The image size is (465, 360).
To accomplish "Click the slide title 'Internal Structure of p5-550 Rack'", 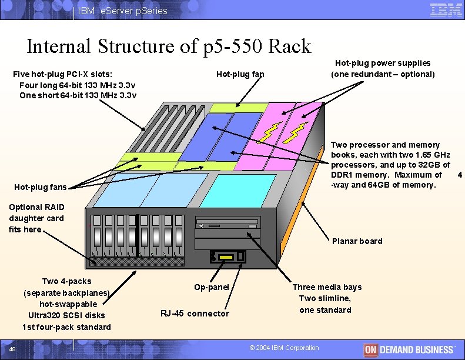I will [x=169, y=46].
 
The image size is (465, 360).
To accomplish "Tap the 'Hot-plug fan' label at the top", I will [x=240, y=74].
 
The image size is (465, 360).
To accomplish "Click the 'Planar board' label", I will [x=357, y=241].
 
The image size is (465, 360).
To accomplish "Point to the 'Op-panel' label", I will [x=211, y=287].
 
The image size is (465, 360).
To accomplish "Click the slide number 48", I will [x=19, y=350].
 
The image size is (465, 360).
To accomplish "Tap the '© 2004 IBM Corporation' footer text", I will [x=284, y=348].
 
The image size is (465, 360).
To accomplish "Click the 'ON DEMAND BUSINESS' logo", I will [x=409, y=349].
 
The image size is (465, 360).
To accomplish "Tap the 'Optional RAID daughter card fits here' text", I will [x=36, y=218].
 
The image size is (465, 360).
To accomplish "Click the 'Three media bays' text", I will [x=327, y=287].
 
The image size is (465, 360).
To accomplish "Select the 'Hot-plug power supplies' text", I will [x=382, y=63].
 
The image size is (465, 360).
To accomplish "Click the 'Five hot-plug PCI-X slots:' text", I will [x=63, y=74].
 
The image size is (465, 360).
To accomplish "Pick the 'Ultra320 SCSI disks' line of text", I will [x=66, y=315].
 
